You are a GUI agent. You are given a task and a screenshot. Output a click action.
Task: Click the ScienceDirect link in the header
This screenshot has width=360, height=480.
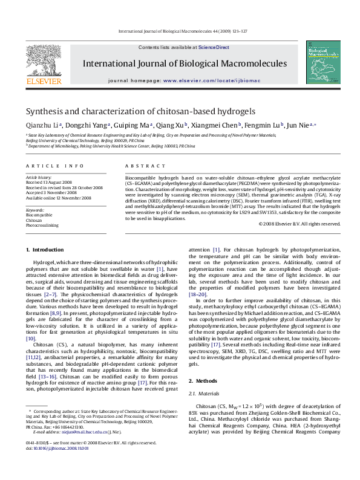point(214,47)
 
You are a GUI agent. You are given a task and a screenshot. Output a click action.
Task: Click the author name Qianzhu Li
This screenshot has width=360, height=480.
point(42,125)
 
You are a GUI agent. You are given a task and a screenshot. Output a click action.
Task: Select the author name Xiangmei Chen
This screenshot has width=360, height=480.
point(217,125)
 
